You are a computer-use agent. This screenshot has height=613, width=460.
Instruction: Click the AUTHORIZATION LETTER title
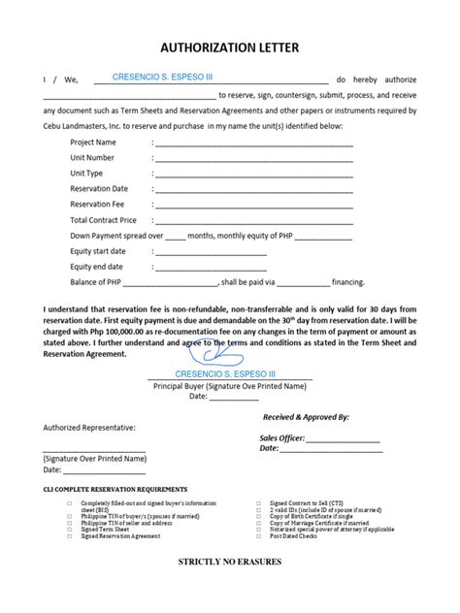tap(229, 47)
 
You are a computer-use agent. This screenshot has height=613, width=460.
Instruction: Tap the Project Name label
tap(93, 143)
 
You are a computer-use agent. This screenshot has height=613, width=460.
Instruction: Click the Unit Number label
tap(92, 158)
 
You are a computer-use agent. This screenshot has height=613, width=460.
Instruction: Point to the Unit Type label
tap(86, 174)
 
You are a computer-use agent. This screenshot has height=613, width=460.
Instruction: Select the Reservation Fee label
tap(98, 205)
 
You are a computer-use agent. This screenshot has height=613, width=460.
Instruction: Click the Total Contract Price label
tap(103, 220)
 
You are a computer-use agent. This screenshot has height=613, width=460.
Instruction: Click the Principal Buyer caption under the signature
tap(229, 385)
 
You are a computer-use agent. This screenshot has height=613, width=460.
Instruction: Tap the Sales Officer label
tap(282, 437)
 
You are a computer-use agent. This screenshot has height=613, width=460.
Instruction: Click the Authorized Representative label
tap(89, 427)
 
